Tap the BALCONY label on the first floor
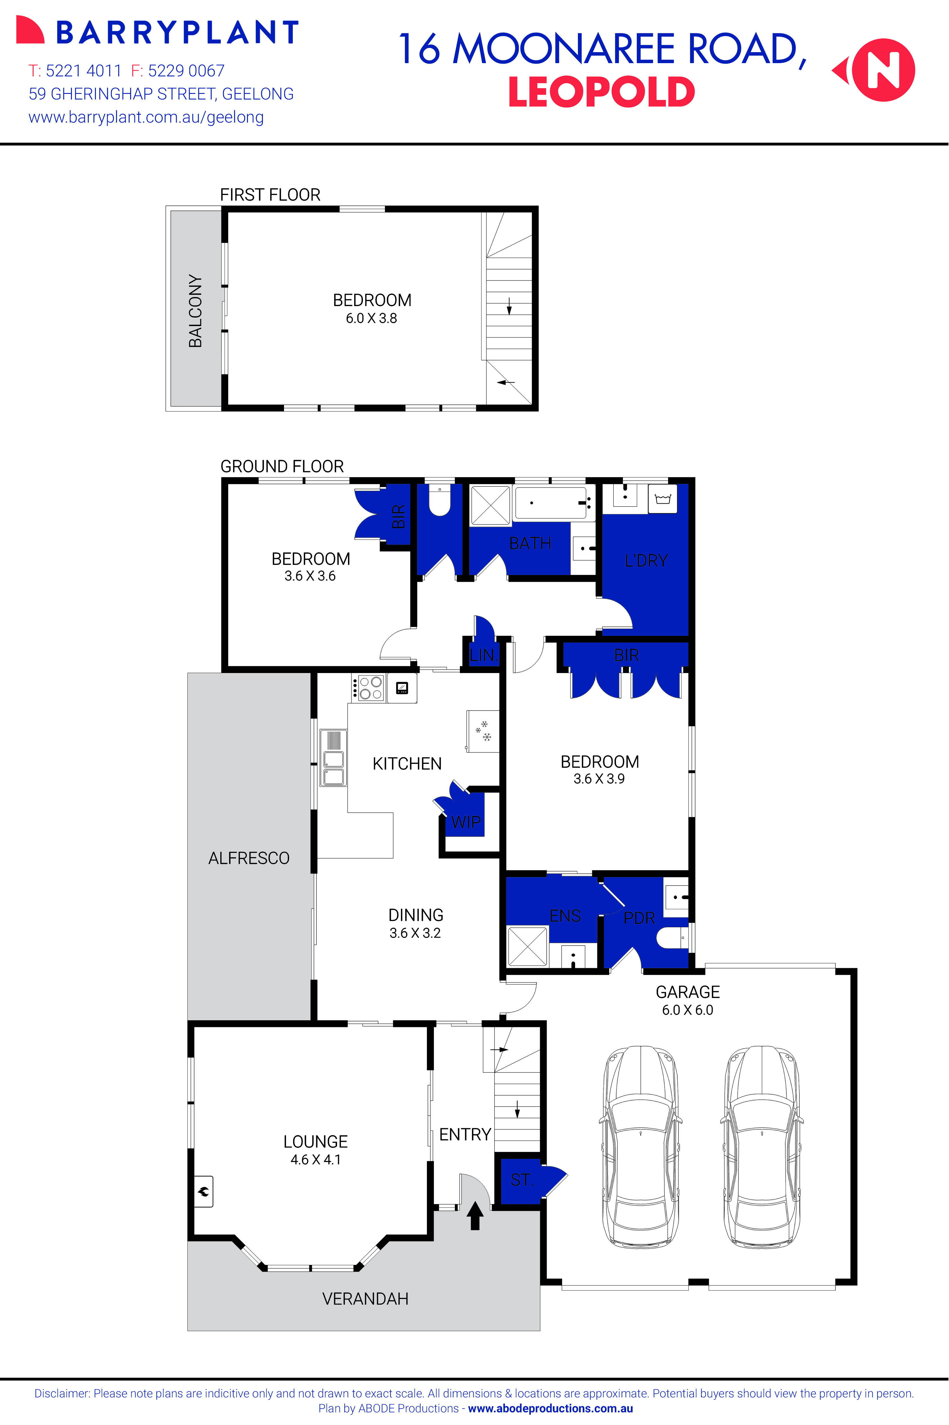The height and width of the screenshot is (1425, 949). point(195,311)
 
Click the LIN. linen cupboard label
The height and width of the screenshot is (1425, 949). point(482,655)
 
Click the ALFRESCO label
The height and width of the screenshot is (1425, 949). point(249,858)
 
